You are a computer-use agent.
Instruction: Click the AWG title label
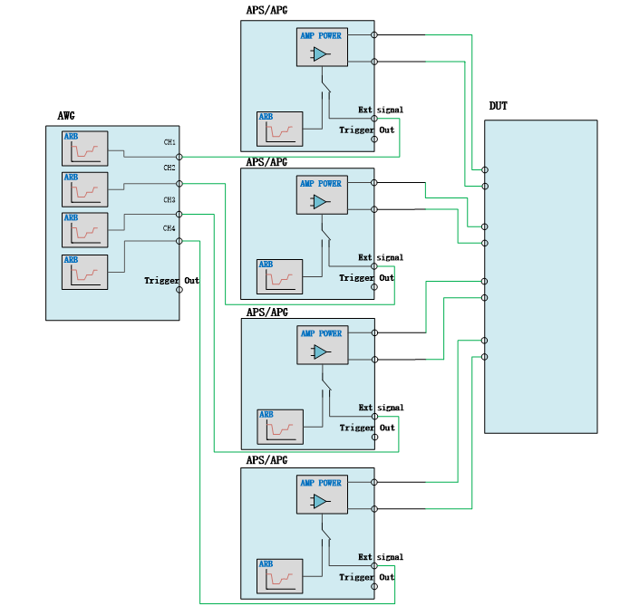[65, 116]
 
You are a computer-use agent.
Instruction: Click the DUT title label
[499, 107]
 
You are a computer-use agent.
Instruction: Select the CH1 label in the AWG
[170, 142]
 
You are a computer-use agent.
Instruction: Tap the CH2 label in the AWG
[170, 168]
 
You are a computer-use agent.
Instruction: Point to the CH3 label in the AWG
[170, 199]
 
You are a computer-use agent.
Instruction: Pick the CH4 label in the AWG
[170, 228]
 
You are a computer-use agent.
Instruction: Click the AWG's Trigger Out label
[171, 281]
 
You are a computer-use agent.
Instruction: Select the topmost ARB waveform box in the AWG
[84, 148]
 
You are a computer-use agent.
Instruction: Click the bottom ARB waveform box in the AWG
[84, 272]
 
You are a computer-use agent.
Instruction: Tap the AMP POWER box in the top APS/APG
[322, 47]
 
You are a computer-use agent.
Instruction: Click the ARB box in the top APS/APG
[279, 129]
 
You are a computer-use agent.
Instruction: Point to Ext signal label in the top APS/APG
[381, 111]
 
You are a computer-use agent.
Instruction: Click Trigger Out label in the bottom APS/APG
[367, 577]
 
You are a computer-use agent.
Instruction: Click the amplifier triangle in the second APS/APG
[320, 203]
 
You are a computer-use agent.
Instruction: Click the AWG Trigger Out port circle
[179, 292]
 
